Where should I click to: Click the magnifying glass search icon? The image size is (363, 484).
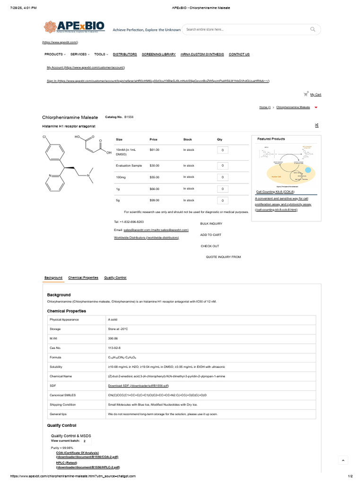(x=313, y=29)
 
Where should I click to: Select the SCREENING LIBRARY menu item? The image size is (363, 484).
(x=159, y=54)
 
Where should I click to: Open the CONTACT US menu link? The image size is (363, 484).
(x=239, y=54)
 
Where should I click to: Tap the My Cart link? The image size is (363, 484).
(x=316, y=95)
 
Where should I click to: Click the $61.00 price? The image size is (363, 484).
(x=155, y=150)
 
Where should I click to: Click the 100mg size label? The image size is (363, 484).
(x=121, y=177)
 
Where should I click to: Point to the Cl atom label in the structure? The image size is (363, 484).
(x=44, y=137)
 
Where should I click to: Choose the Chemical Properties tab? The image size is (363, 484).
(x=83, y=278)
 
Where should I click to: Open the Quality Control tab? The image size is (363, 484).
(x=115, y=278)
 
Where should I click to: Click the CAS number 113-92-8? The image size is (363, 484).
(x=114, y=348)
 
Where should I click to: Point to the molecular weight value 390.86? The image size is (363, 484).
(x=113, y=338)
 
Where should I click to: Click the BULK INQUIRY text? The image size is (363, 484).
(x=211, y=224)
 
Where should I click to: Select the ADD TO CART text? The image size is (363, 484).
(x=211, y=235)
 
